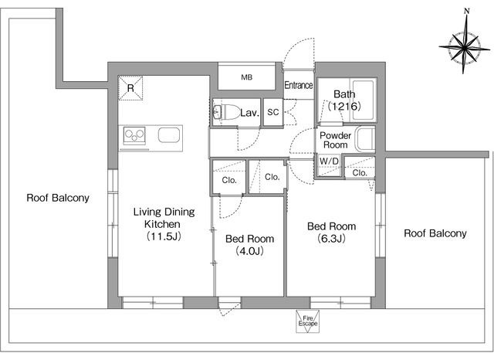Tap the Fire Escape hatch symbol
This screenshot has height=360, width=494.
pyautogui.click(x=307, y=321)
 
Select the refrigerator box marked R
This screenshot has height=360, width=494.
pyautogui.click(x=130, y=88)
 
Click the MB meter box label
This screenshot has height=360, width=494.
pyautogui.click(x=247, y=77)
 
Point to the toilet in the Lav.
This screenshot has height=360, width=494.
pyautogui.click(x=226, y=111)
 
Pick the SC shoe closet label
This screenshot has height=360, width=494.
pyautogui.click(x=272, y=112)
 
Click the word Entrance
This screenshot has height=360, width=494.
pyautogui.click(x=299, y=85)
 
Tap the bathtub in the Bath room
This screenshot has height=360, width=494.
pyautogui.click(x=363, y=100)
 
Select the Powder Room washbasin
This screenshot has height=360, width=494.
pyautogui.click(x=365, y=139)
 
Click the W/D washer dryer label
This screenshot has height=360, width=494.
pyautogui.click(x=329, y=161)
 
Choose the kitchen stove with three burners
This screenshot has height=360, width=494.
pyautogui.click(x=134, y=136)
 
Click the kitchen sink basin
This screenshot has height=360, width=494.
pyautogui.click(x=169, y=135)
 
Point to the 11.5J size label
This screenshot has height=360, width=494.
pyautogui.click(x=164, y=236)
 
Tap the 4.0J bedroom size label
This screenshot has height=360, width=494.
pyautogui.click(x=249, y=251)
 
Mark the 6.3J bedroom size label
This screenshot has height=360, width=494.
pyautogui.click(x=331, y=238)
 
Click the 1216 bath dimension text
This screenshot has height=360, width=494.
pyautogui.click(x=344, y=107)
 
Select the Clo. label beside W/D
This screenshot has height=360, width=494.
pyautogui.click(x=360, y=173)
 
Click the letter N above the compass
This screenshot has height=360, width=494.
pyautogui.click(x=467, y=11)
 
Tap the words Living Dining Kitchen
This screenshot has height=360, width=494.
pyautogui.click(x=164, y=218)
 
